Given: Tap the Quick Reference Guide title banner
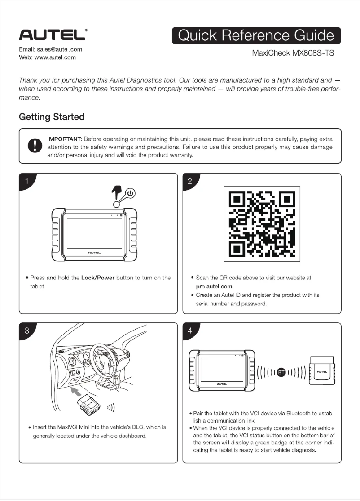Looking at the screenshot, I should [x=256, y=36].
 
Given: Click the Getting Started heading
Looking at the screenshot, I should [x=52, y=117].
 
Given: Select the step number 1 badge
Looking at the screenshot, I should [x=27, y=182].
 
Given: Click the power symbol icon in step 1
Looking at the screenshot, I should [x=131, y=193].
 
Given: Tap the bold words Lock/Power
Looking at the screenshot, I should [x=98, y=278].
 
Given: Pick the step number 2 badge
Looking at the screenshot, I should [x=190, y=182].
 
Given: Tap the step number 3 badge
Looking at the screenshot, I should [x=27, y=331].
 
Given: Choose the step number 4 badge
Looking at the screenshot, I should [x=190, y=331].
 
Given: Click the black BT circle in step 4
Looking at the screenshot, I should [x=281, y=372].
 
